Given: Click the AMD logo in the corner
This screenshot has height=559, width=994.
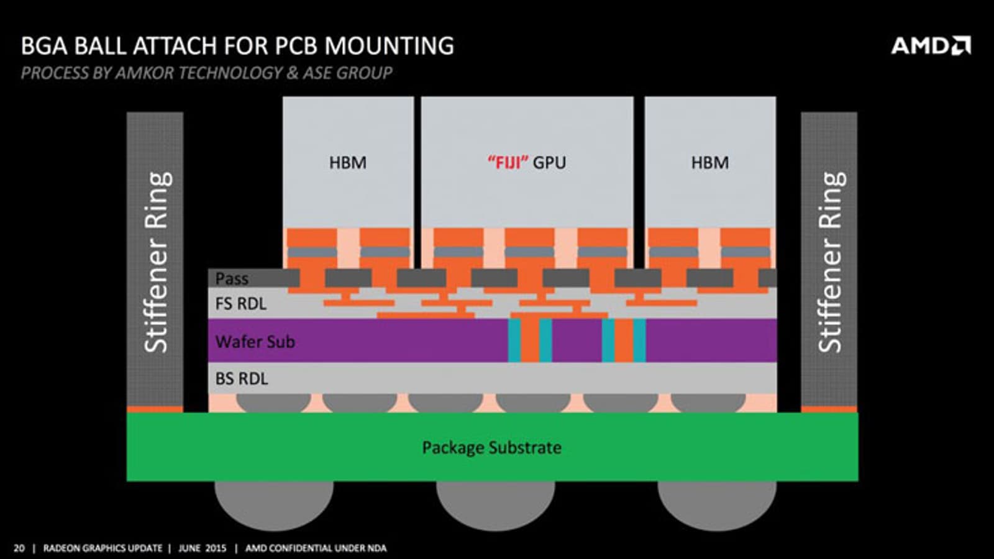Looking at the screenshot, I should pyautogui.click(x=931, y=46).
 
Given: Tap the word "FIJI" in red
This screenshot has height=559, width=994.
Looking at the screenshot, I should pyautogui.click(x=508, y=163).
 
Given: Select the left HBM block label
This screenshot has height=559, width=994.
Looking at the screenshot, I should pyautogui.click(x=348, y=163).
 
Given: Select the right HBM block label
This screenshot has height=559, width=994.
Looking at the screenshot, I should pyautogui.click(x=710, y=163).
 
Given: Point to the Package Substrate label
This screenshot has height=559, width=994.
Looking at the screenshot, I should pyautogui.click(x=491, y=447).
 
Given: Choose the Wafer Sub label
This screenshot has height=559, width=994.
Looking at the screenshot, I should pyautogui.click(x=255, y=342).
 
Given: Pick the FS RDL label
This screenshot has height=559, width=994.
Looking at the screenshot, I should pyautogui.click(x=240, y=304).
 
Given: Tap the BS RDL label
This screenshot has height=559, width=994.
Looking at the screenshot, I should pyautogui.click(x=241, y=379).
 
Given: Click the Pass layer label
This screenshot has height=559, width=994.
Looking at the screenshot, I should pyautogui.click(x=232, y=279).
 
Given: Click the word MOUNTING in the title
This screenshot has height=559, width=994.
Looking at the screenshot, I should pyautogui.click(x=390, y=46).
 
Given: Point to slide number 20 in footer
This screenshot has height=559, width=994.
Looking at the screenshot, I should pyautogui.click(x=19, y=548).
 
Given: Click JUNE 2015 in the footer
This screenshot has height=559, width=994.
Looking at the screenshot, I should pyautogui.click(x=202, y=548).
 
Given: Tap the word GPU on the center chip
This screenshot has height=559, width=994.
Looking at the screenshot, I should pyautogui.click(x=550, y=163).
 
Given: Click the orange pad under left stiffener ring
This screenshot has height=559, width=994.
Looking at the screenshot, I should pyautogui.click(x=155, y=409).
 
